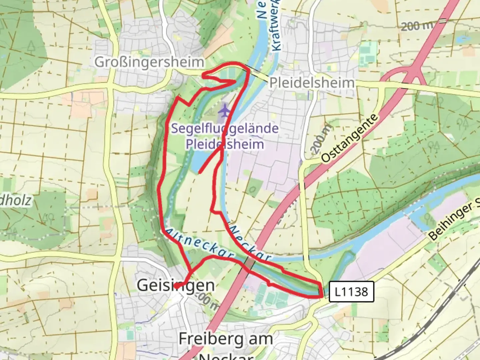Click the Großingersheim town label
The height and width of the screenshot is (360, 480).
pyautogui.click(x=149, y=62)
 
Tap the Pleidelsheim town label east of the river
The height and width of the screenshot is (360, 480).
pyautogui.click(x=311, y=83)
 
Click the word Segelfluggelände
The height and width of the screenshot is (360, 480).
pyautogui.click(x=225, y=128)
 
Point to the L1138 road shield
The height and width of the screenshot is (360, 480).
pyautogui.click(x=351, y=292)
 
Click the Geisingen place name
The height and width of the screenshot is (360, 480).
pyautogui.click(x=176, y=285)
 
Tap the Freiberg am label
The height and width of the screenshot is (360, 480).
pyautogui.click(x=226, y=339)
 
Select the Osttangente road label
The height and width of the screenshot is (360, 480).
pyautogui.click(x=350, y=138)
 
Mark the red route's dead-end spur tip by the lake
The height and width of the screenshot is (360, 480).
pyautogui.click(x=199, y=173)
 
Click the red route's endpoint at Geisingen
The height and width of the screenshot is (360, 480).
pyautogui.click(x=175, y=286)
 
